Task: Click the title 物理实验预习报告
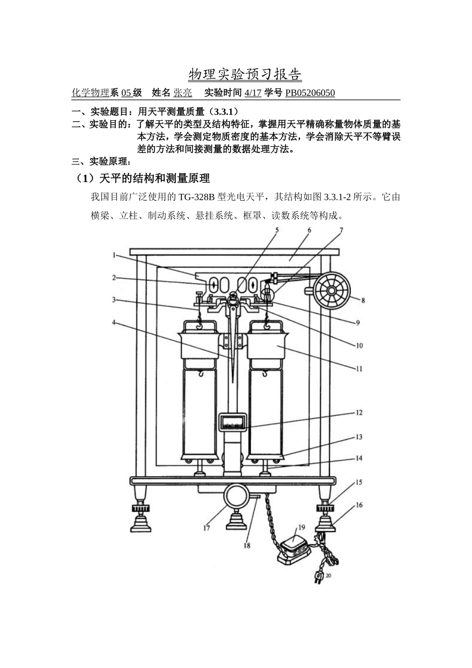pyautogui.click(x=245, y=75)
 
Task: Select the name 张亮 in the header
pyautogui.click(x=182, y=93)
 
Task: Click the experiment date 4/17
pyautogui.click(x=253, y=93)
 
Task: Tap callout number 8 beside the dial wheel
pyautogui.click(x=363, y=300)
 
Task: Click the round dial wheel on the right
pyautogui.click(x=332, y=290)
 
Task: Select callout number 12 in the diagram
pyautogui.click(x=359, y=413)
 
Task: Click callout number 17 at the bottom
pyautogui.click(x=206, y=528)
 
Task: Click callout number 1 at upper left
pyautogui.click(x=114, y=255)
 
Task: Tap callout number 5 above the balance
pyautogui.click(x=277, y=230)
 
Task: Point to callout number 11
pyautogui.click(x=359, y=369)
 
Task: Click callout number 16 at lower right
pyautogui.click(x=359, y=505)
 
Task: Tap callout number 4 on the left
pyautogui.click(x=114, y=322)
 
